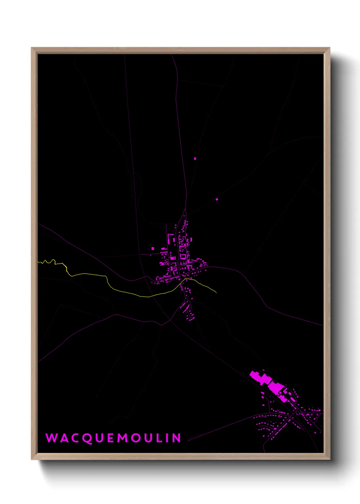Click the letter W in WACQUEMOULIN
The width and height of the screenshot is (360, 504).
[x=51, y=438]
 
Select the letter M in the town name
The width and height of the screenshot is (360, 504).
[x=123, y=438]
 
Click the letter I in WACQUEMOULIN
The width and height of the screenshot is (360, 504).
[x=167, y=438]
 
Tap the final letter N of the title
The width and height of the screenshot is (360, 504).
[x=177, y=438]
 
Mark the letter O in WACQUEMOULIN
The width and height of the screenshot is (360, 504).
[x=136, y=438]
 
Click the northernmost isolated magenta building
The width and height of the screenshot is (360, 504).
[x=195, y=158]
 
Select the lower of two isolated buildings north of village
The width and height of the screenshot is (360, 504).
[x=217, y=199]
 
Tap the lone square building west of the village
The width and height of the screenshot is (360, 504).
[x=152, y=249]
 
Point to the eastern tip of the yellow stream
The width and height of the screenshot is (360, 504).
[x=216, y=292]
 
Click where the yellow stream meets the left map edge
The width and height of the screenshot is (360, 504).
[x=38, y=262]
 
